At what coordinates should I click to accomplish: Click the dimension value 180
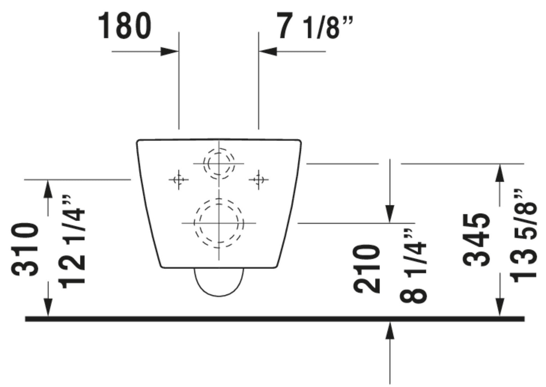pos(124,26)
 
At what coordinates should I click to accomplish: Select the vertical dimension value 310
pos(25,250)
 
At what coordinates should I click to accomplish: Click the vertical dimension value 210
pos(367,269)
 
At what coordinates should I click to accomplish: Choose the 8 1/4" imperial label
pos(413,266)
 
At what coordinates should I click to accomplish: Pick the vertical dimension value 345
pos(476,240)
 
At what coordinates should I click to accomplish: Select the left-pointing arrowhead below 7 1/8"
pos(268,52)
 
